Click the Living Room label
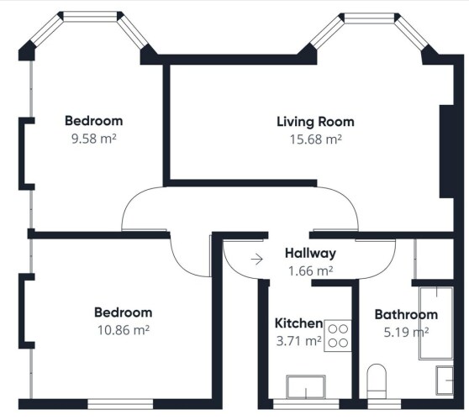click(315, 122)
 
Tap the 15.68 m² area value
click(315, 139)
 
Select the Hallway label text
click(310, 254)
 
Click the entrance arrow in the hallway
click(256, 260)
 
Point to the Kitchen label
click(299, 323)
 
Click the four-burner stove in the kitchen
click(338, 336)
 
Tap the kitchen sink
click(306, 386)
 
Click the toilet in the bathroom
click(377, 381)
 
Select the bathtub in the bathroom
click(436, 323)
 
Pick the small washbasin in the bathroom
click(445, 381)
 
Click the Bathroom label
click(406, 315)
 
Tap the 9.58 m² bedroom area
click(93, 139)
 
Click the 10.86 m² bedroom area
click(124, 330)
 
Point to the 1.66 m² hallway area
click(310, 271)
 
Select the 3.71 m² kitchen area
click(299, 341)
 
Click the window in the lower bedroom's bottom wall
click(120, 404)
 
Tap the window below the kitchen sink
click(306, 404)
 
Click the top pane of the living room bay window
click(371, 18)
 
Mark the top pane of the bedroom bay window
click(90, 17)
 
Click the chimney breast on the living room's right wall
click(446, 151)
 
